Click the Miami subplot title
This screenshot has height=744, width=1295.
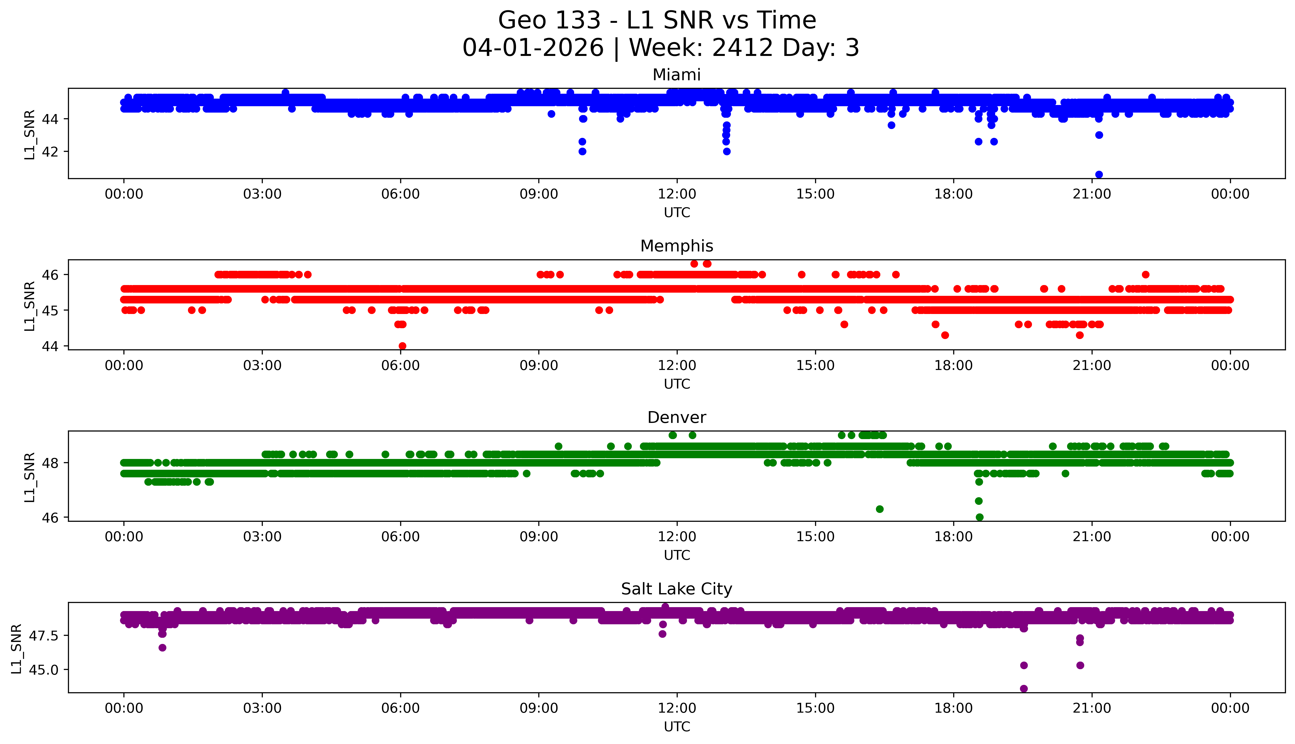(x=676, y=75)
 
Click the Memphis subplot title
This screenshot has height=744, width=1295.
(x=676, y=246)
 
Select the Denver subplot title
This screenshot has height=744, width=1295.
(x=676, y=418)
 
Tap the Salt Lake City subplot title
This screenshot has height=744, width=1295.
(x=676, y=589)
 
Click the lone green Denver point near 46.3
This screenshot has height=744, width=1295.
(x=880, y=509)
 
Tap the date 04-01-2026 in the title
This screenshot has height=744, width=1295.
(x=533, y=48)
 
